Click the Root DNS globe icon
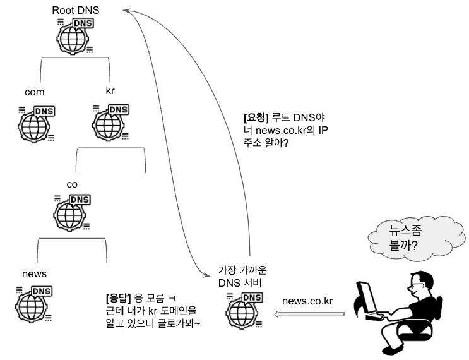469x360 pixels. [x=75, y=35]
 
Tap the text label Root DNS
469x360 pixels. [x=76, y=11]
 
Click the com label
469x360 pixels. [x=34, y=92]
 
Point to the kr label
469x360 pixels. [x=110, y=90]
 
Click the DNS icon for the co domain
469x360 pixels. [x=73, y=212]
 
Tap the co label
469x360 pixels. [x=72, y=184]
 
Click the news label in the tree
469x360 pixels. [x=34, y=274]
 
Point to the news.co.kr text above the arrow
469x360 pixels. [x=307, y=300]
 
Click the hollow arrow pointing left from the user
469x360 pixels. [x=312, y=315]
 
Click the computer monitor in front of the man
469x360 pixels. [x=365, y=297]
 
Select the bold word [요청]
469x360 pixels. [x=256, y=118]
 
